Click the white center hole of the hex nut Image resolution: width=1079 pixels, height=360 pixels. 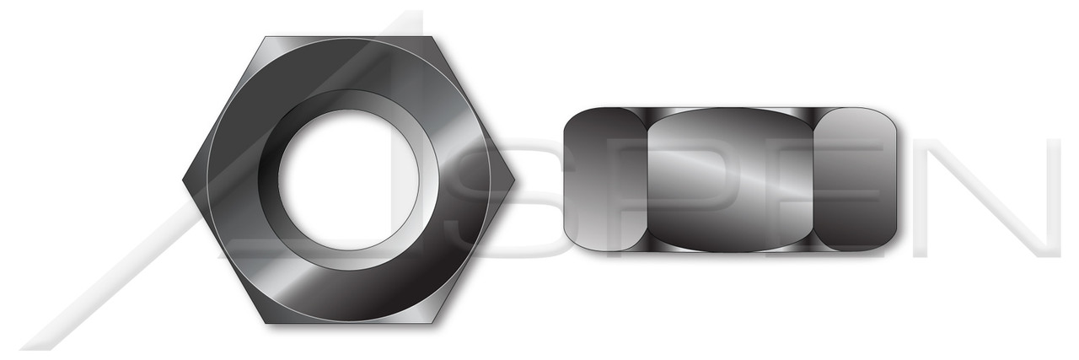[348, 180]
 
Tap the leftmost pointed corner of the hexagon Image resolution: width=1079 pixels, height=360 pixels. [185, 180]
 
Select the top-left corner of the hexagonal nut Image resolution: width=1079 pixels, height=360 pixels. [266, 38]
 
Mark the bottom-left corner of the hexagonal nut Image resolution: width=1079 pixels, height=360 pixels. [266, 321]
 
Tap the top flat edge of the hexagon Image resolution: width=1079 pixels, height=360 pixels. [348, 39]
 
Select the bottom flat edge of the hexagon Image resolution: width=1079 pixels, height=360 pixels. [348, 320]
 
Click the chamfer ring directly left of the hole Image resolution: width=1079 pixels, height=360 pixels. [268, 180]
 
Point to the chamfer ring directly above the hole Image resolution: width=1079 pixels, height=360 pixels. [348, 99]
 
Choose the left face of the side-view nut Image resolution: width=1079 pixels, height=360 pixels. [603, 180]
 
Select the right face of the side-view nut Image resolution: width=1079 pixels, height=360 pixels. [856, 180]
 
